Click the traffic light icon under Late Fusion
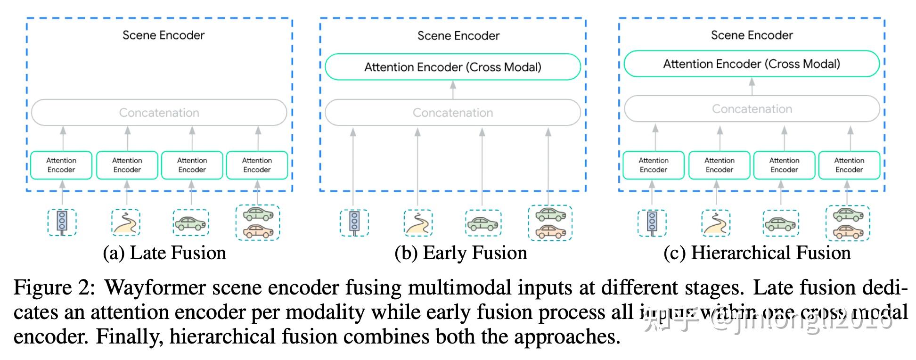click(x=62, y=222)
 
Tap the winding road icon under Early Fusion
click(x=418, y=223)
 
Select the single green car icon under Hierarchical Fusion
click(x=780, y=223)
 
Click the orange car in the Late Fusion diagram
click(x=258, y=231)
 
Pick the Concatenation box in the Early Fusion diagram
click(x=452, y=113)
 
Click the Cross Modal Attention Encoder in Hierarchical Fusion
click(x=751, y=64)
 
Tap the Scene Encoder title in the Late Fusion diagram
click(x=164, y=35)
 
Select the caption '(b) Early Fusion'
click(x=460, y=253)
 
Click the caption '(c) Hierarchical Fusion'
click(x=757, y=253)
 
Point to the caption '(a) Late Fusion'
click(x=164, y=253)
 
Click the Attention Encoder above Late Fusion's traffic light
click(x=61, y=165)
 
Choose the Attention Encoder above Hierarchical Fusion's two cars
click(x=849, y=165)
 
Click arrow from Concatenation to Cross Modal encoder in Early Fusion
click(x=453, y=90)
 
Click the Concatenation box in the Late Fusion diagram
click(x=159, y=113)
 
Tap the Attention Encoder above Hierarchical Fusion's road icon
click(x=719, y=165)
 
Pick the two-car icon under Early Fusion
click(x=550, y=223)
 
